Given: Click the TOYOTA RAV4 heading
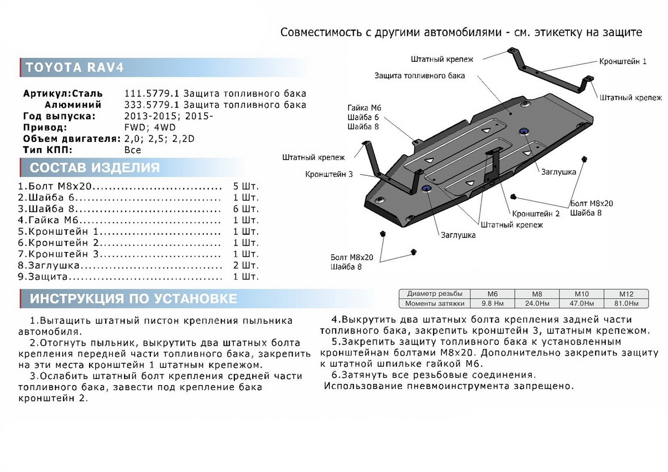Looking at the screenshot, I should pos(75,67).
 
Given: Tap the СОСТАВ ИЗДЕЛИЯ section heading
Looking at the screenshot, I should pos(95,168).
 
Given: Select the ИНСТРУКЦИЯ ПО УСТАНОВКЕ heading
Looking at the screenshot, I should pos(134,299).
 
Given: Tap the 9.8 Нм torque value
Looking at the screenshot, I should pos(492,304).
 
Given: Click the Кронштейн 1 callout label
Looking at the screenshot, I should pos(622,61).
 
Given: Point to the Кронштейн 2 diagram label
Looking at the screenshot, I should pos(536,213).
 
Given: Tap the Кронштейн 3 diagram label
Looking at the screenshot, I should pos(328,174).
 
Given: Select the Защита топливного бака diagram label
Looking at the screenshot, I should pos(419,75).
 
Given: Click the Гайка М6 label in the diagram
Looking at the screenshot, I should pos(364,107).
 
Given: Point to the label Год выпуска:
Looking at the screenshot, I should pos(59,116).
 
